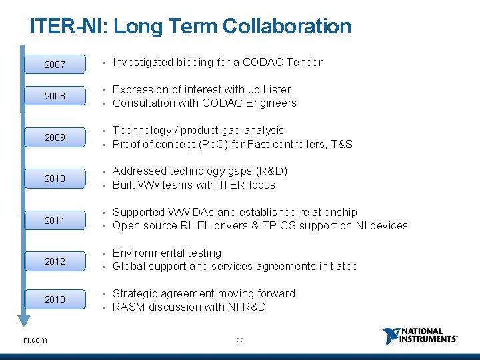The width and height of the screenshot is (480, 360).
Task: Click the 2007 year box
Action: [55, 65]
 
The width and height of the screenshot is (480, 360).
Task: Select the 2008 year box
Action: [55, 96]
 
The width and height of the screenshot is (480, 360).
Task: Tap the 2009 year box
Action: [55, 137]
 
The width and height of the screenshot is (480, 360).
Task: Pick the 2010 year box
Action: [55, 179]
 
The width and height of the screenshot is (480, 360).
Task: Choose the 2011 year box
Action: [55, 220]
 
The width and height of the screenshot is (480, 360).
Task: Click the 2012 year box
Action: [55, 261]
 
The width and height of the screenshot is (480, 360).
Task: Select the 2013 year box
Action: [55, 299]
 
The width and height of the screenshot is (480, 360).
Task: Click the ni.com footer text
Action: [35, 340]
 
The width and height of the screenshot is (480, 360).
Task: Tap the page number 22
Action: [239, 341]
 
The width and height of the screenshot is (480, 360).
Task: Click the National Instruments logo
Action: [419, 335]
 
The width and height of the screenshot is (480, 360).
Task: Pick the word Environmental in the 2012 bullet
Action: [147, 253]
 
